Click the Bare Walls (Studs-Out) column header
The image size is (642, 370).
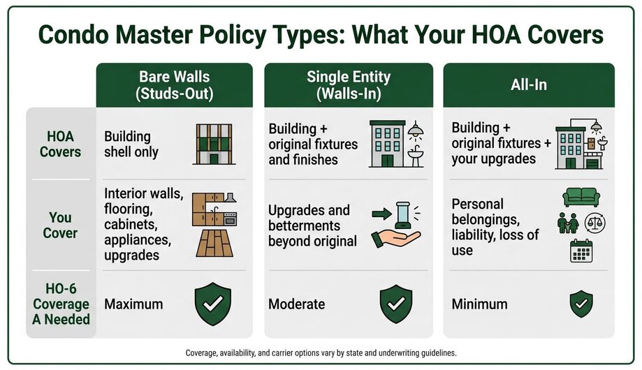[175, 85]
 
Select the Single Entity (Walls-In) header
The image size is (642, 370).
[349, 85]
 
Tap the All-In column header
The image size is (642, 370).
[529, 85]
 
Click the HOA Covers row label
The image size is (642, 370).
[60, 144]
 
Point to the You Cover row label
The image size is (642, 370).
[60, 225]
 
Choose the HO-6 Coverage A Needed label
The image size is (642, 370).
[61, 304]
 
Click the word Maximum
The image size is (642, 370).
[133, 304]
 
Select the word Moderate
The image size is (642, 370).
[296, 304]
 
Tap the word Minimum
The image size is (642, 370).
[479, 304]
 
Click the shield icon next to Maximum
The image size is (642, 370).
[213, 304]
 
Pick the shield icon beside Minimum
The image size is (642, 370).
[581, 304]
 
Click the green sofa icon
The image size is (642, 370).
[581, 198]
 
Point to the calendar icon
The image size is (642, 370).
[581, 251]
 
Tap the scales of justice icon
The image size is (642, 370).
[594, 223]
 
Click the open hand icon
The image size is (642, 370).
[395, 239]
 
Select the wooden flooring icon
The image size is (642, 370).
[214, 243]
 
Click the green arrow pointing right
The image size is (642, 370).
[381, 214]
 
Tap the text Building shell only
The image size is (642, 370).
[131, 144]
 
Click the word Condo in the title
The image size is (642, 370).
[73, 34]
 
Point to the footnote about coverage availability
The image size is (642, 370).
[321, 353]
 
